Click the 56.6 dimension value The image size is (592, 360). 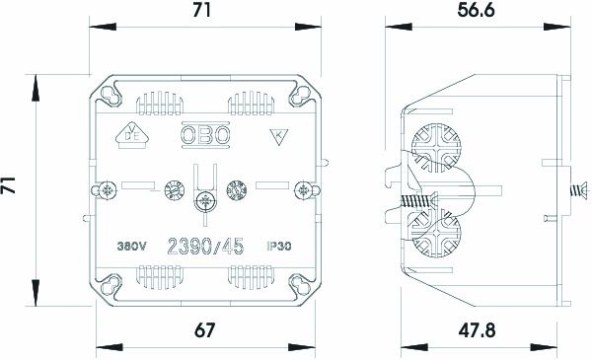(x=476, y=10)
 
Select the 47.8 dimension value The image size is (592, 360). (x=477, y=330)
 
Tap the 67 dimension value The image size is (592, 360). (x=204, y=330)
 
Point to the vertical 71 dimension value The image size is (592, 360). (x=8, y=184)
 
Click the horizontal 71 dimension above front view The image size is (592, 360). (x=202, y=10)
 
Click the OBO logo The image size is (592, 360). (x=205, y=135)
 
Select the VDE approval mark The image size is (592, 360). (x=132, y=135)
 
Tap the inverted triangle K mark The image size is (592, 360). (x=279, y=137)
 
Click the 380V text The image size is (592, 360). (x=131, y=247)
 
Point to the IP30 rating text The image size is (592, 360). (x=279, y=247)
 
